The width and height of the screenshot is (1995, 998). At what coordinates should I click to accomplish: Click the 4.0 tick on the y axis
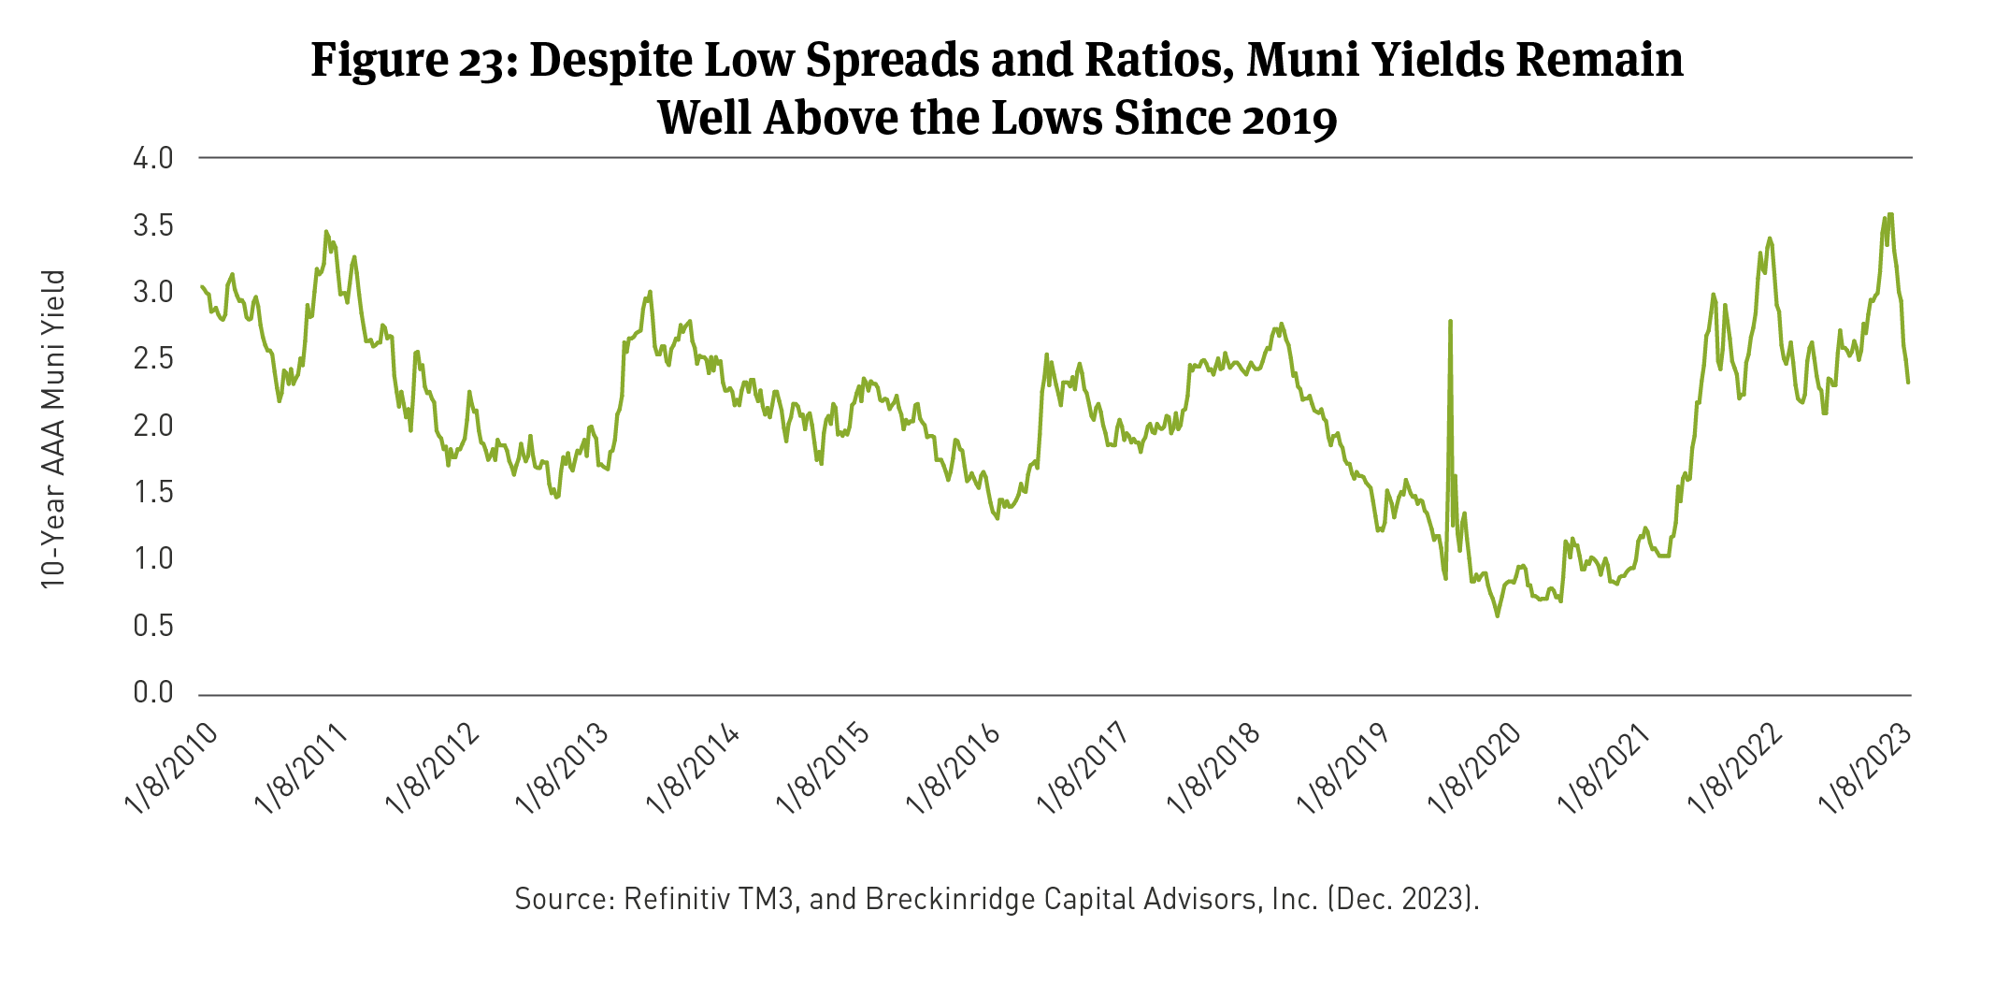coord(153,158)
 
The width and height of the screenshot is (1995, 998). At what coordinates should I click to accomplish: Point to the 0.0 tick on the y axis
coord(153,692)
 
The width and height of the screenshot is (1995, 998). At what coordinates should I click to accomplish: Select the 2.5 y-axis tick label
coord(153,358)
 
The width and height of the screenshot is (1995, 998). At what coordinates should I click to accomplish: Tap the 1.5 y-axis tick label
coord(153,492)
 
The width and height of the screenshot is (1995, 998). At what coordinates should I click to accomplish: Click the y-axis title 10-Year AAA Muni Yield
coord(53,429)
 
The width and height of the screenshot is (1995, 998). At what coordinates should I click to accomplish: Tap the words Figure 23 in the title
coord(408,60)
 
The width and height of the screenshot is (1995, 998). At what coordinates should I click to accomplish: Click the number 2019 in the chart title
coord(1289,119)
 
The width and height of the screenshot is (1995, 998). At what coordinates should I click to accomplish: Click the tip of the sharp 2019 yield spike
coord(1450,321)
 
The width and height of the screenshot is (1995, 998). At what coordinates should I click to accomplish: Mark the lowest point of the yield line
coord(1498,615)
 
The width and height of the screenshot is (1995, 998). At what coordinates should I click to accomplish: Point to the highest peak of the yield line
coord(1891,214)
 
